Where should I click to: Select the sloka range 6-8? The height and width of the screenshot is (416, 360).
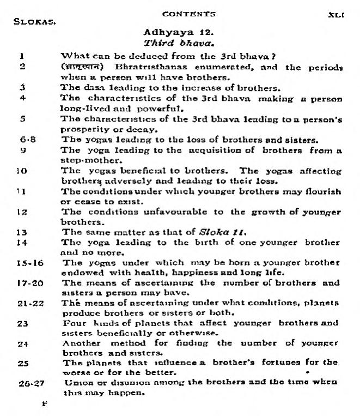[25, 139]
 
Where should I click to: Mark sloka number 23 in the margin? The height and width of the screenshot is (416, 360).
[23, 323]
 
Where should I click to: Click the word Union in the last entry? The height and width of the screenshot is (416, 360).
[75, 383]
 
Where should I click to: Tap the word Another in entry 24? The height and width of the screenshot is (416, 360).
[81, 343]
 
